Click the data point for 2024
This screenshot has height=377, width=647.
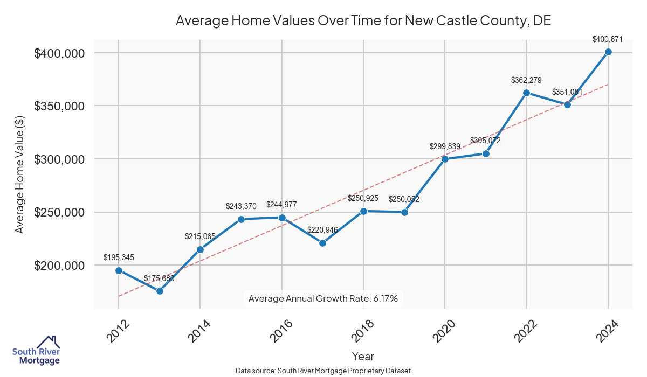pyautogui.click(x=608, y=52)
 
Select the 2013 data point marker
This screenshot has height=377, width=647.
pyautogui.click(x=160, y=291)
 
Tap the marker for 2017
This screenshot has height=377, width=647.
pyautogui.click(x=323, y=243)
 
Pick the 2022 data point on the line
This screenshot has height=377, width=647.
pyautogui.click(x=526, y=93)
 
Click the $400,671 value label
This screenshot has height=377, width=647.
pyautogui.click(x=608, y=39)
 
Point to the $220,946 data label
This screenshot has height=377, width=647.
pyautogui.click(x=322, y=230)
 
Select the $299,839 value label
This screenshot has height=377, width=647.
pyautogui.click(x=445, y=146)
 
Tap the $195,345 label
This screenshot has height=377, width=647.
pyautogui.click(x=119, y=258)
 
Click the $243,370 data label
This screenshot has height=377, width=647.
pyautogui.click(x=241, y=206)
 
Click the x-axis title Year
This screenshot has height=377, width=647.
pyautogui.click(x=363, y=357)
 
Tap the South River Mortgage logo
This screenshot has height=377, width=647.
pyautogui.click(x=36, y=351)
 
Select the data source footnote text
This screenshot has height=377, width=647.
pyautogui.click(x=323, y=371)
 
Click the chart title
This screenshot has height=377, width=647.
pyautogui.click(x=363, y=21)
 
